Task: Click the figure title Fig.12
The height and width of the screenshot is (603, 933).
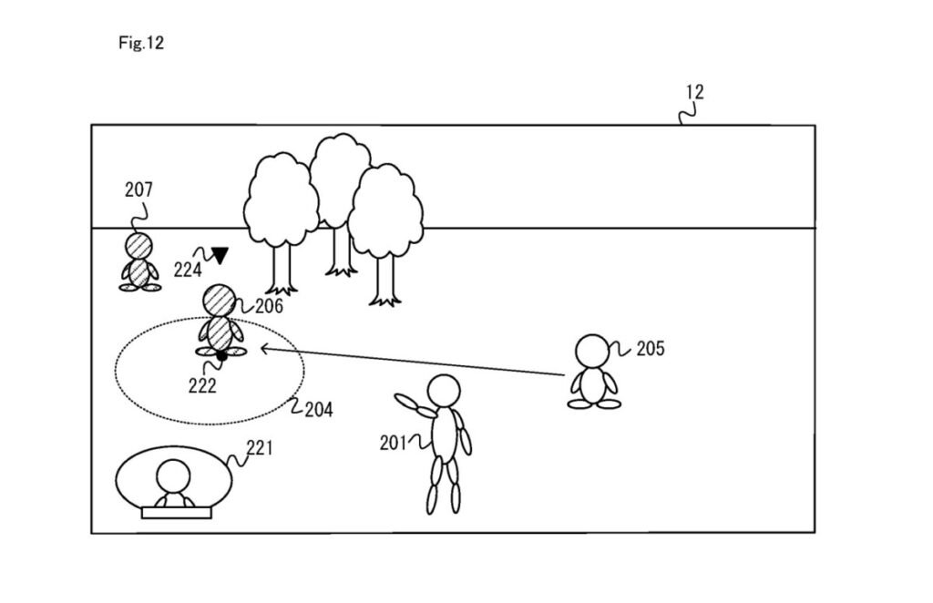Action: click(140, 43)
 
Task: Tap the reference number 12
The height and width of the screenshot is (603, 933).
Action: click(694, 92)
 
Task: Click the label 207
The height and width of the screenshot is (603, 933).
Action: click(138, 189)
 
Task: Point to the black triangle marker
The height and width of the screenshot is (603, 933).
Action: click(219, 255)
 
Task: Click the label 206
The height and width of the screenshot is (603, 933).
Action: click(269, 306)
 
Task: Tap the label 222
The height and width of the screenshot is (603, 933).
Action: click(202, 385)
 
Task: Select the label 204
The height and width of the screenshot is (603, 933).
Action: click(318, 410)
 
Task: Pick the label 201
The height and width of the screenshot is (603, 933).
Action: click(393, 443)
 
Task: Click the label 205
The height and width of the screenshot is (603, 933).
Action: click(650, 348)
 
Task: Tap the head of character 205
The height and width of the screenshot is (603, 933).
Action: click(593, 351)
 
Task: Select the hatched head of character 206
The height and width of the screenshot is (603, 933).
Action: click(219, 300)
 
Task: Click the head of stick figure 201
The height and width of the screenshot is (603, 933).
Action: click(444, 391)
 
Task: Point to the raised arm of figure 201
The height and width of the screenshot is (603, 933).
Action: click(415, 404)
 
